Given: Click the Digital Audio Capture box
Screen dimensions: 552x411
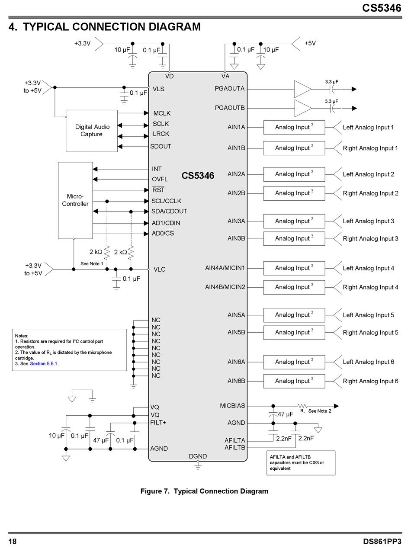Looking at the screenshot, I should (x=92, y=131).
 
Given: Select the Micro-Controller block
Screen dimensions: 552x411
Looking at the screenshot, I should (x=75, y=200).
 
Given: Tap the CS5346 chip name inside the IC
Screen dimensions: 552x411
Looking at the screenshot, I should (x=198, y=176).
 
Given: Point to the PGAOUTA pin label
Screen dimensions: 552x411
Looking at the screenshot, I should (x=230, y=89).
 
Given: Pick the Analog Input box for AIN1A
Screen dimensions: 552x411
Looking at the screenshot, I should (x=294, y=127).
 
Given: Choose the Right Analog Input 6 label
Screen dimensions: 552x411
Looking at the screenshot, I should (x=370, y=381).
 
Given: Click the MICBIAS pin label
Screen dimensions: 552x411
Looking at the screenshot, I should (x=232, y=406).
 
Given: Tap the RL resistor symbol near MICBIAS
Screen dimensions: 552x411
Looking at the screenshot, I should (x=302, y=406).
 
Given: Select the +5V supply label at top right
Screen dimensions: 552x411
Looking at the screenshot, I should (x=310, y=43).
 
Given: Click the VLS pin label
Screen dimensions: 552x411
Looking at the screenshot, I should (x=158, y=89).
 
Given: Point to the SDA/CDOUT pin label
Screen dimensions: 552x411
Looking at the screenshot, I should (x=169, y=212).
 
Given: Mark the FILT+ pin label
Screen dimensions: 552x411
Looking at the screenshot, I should (x=158, y=422).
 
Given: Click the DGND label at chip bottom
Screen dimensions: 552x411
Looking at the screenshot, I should (x=198, y=456).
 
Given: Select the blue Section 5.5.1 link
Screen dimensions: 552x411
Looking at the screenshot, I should (x=43, y=364).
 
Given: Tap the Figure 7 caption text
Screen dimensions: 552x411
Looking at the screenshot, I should (x=204, y=491).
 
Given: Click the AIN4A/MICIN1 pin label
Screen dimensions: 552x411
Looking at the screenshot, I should (x=225, y=268).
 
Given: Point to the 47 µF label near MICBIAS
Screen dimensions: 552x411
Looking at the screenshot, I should (x=286, y=414).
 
